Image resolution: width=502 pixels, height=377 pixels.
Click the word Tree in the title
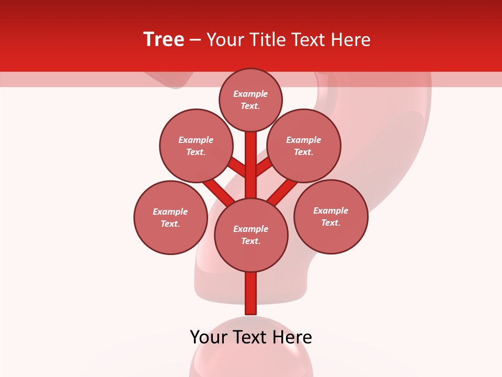(x=164, y=40)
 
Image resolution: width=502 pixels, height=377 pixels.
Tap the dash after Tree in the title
(x=195, y=40)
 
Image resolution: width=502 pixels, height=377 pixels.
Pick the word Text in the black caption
(x=251, y=337)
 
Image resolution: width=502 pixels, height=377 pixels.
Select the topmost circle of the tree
(x=250, y=99)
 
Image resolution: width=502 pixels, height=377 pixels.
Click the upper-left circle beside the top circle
(x=196, y=146)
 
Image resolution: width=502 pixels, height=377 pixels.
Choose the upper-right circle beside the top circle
(x=304, y=146)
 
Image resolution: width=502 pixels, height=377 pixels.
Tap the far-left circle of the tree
(x=170, y=217)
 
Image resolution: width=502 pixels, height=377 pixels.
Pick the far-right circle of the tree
(x=331, y=216)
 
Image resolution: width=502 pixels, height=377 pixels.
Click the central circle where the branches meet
(x=251, y=235)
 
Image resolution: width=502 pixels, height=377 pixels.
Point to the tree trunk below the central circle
(x=251, y=293)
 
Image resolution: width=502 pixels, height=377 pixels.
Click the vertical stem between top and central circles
(x=251, y=165)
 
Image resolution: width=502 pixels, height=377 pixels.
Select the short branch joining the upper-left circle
(x=238, y=168)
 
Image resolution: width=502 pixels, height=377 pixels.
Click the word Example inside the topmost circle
(x=250, y=94)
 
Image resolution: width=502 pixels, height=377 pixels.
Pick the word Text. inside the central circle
(x=251, y=241)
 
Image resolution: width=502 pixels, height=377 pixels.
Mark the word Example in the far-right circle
(x=330, y=210)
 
